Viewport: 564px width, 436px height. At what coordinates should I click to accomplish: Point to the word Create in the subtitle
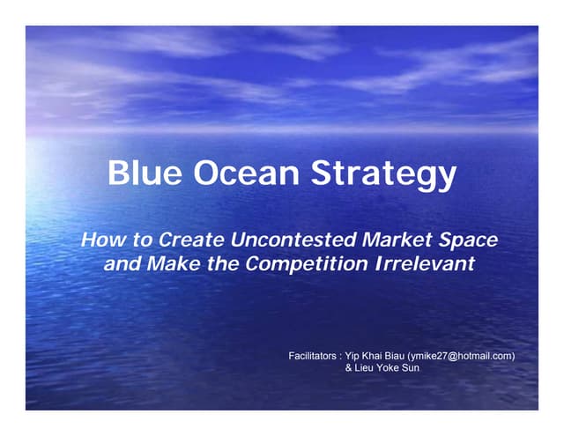185,240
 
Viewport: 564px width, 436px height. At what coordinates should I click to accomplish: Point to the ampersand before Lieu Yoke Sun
347,369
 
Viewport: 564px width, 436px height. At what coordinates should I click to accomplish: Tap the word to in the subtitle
140,240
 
